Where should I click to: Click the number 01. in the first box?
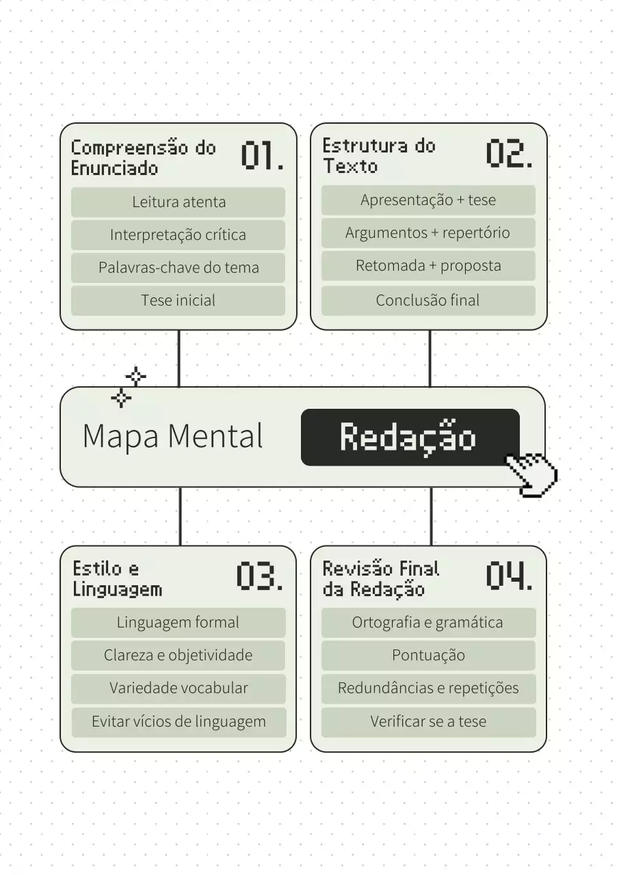point(262,157)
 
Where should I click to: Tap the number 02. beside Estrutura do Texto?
point(509,154)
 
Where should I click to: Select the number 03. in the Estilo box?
point(260,576)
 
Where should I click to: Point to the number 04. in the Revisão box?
point(509,576)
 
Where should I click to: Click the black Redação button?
point(410,437)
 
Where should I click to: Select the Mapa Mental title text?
point(173,437)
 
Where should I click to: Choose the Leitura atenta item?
point(179,202)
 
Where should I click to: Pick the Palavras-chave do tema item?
point(179,267)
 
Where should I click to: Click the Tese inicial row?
point(179,300)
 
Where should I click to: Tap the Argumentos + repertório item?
point(428,233)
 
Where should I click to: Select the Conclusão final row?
point(428,300)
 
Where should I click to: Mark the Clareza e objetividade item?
point(179,655)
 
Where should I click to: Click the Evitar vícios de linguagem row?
point(179,721)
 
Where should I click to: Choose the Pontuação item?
point(428,655)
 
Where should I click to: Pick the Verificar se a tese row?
point(428,721)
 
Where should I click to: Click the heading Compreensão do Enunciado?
point(143,158)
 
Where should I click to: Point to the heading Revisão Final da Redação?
point(381,579)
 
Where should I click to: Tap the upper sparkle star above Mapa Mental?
point(136,376)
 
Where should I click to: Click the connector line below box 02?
point(430,358)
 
